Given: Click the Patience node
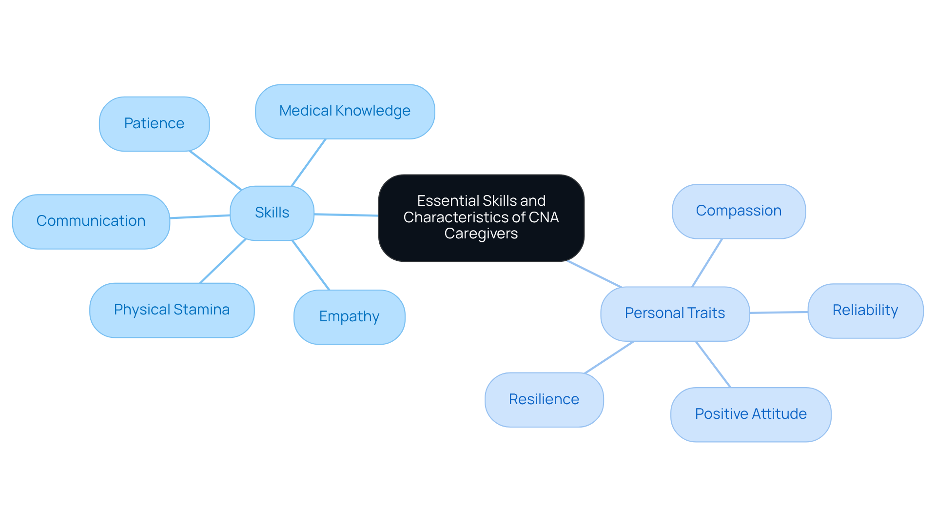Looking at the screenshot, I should (154, 124).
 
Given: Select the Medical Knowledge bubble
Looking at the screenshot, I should (345, 112).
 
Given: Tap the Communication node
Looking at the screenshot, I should (91, 221).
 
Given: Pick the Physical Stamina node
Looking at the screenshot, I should (172, 310).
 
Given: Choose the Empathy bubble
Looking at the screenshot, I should (349, 317).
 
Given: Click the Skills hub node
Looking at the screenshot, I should (272, 213).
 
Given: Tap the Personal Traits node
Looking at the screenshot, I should (675, 313).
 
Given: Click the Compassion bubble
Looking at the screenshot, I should (738, 211).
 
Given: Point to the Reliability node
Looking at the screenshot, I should (865, 311).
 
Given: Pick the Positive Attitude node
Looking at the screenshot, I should (750, 414).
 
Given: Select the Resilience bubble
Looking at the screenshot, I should (544, 400).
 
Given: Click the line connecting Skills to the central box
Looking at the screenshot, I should (346, 215).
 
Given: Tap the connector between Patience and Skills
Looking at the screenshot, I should (215, 170).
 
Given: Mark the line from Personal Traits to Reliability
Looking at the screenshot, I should (779, 312).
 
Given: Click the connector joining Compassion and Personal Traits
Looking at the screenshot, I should (707, 263).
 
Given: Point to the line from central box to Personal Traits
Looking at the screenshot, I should (594, 274).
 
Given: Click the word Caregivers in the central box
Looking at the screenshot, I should (481, 234).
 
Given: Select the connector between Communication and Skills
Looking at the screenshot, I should (200, 216).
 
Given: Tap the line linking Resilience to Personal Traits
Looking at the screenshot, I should (609, 357).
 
